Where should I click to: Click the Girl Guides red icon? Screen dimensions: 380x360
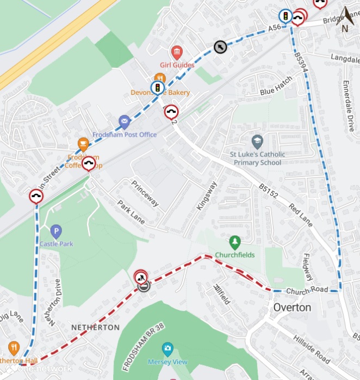point(177,52)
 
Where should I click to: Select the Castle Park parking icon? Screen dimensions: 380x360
point(56,231)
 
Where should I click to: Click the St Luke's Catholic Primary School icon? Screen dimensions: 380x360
point(257,142)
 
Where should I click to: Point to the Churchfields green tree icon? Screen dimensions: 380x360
point(235,241)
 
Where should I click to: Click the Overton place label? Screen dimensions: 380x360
point(292,308)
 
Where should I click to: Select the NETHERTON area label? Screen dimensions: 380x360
point(95,327)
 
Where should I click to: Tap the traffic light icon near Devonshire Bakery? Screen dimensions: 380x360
point(158,88)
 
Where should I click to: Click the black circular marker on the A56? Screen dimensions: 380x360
point(220,47)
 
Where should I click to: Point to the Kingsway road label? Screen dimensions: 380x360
point(207,195)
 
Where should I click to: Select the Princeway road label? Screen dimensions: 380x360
point(146,193)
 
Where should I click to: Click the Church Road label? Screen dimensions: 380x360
point(307,290)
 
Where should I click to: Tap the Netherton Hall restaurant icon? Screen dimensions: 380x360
point(14,348)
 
